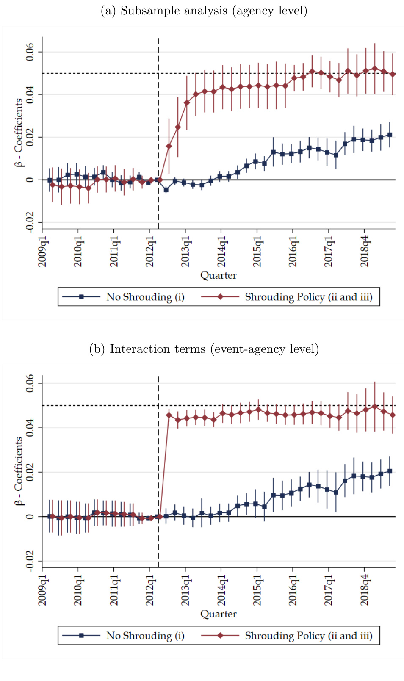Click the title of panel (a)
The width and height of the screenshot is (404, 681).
[204, 11]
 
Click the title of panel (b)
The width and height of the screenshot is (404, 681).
[204, 349]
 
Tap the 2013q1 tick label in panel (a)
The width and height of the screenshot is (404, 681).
[185, 252]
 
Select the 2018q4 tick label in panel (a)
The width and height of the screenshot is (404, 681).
[365, 252]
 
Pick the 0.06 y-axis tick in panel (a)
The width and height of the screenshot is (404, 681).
[30, 52]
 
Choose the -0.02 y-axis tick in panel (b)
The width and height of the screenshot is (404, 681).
[30, 561]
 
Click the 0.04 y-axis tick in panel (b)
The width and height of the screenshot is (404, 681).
[30, 428]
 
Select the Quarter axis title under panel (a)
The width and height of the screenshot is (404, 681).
[218, 275]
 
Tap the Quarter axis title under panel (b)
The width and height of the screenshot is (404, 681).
[218, 614]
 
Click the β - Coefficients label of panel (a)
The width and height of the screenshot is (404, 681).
[19, 133]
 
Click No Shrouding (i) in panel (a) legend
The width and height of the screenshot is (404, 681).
[145, 297]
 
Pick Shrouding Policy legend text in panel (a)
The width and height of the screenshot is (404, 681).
[309, 297]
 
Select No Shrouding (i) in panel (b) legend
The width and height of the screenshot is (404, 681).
[145, 636]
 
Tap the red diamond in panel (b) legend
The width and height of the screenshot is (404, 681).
[220, 636]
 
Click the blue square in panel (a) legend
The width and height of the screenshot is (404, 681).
[81, 297]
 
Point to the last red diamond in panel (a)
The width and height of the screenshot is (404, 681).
[393, 74]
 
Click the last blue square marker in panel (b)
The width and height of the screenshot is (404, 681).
[390, 471]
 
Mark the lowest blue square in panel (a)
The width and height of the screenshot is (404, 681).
[166, 190]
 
